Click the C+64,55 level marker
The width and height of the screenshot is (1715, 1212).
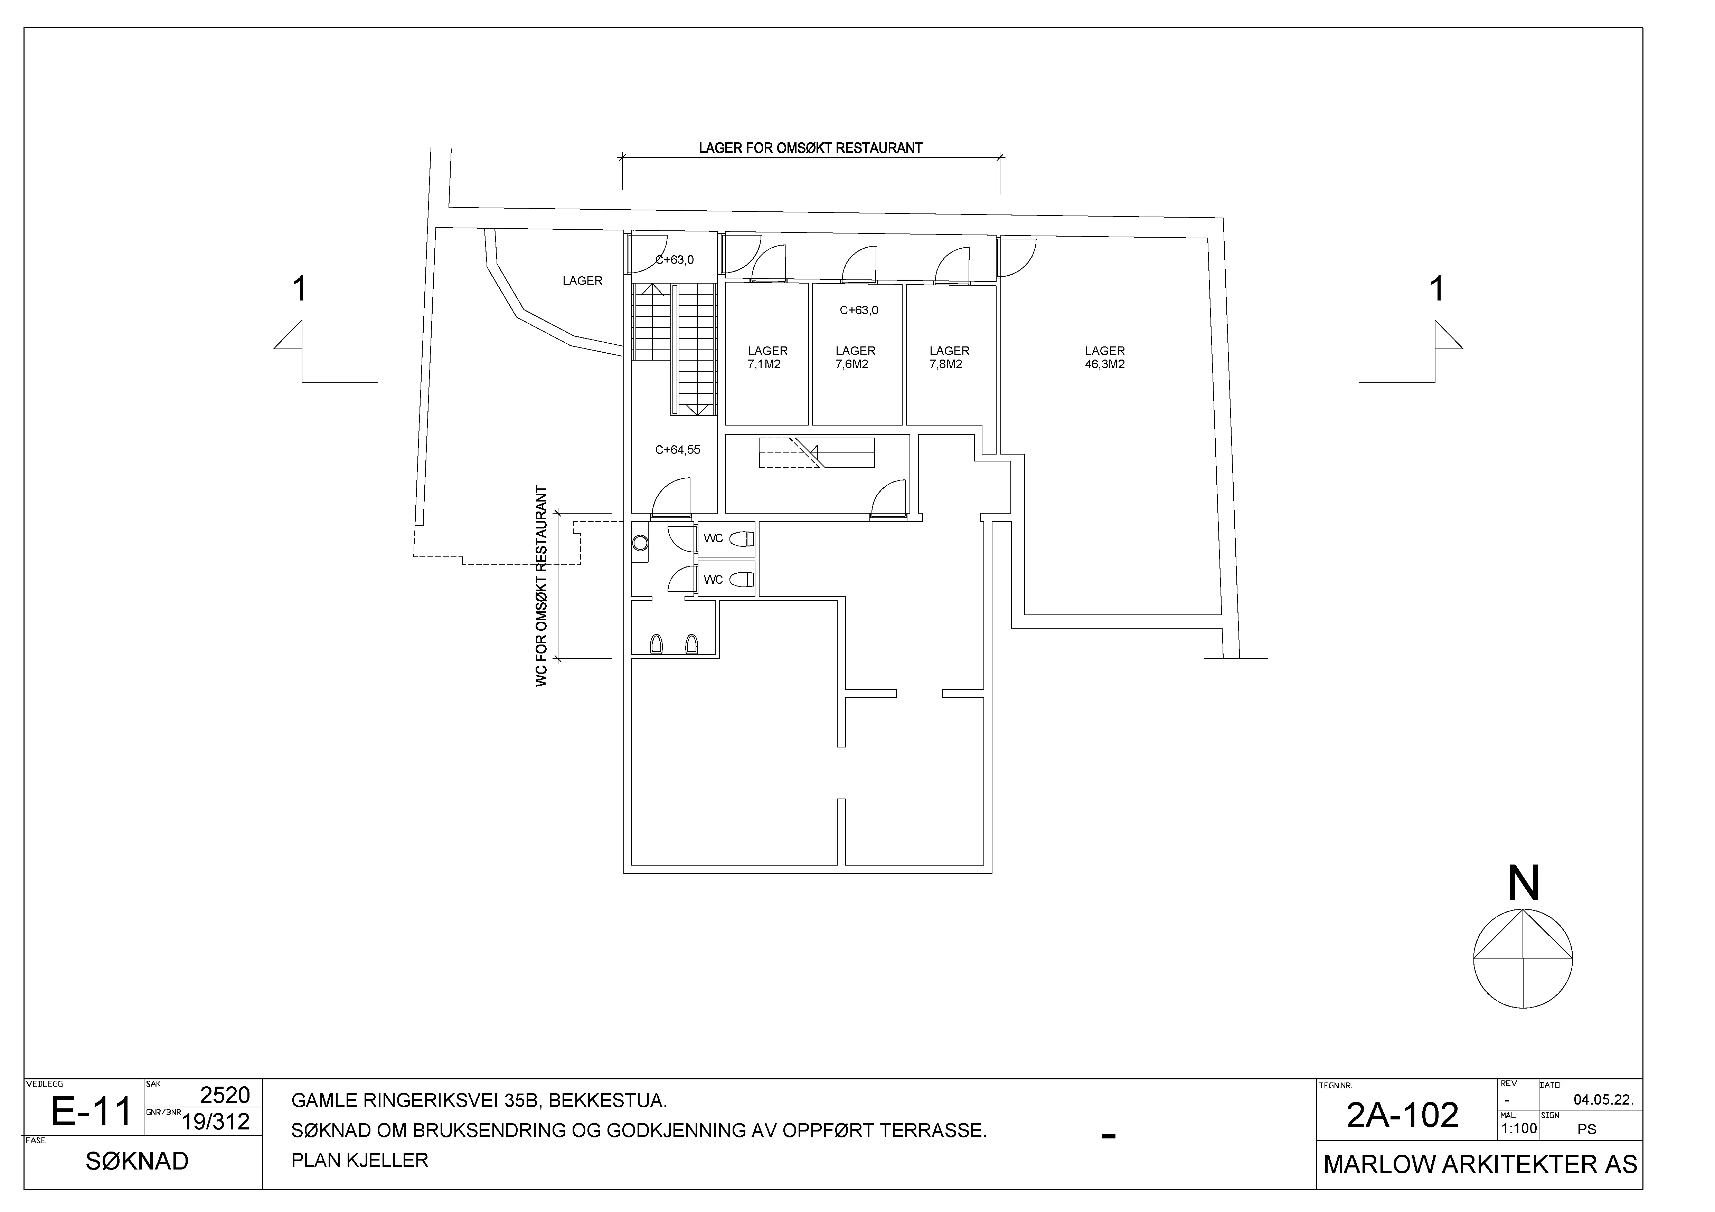coord(678,450)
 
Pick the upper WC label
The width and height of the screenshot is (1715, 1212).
coord(713,538)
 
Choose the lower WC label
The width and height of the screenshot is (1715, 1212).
coord(713,580)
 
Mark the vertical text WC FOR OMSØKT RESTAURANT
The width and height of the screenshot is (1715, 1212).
coord(541,587)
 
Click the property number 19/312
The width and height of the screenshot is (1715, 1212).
coord(216,1122)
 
